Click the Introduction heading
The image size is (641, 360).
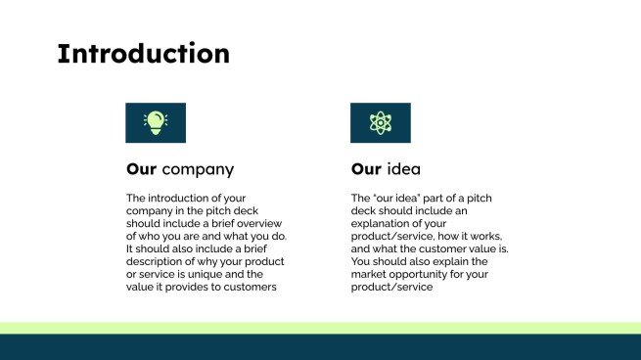tap(144, 54)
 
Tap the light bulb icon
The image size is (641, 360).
tap(156, 122)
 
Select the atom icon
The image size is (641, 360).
tap(380, 122)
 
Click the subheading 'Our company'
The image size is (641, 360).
tap(180, 169)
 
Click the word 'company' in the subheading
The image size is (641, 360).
tap(198, 169)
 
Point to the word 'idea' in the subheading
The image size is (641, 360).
tap(410, 169)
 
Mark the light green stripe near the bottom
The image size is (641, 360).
tap(320, 328)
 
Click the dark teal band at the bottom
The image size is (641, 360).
tap(320, 347)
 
